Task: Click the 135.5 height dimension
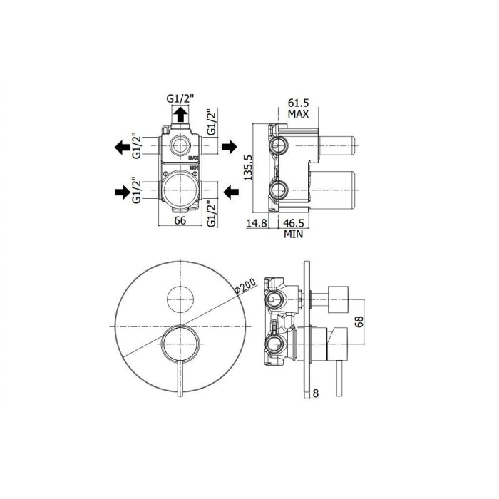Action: [x=248, y=168]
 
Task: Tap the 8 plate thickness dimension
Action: [x=317, y=391]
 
